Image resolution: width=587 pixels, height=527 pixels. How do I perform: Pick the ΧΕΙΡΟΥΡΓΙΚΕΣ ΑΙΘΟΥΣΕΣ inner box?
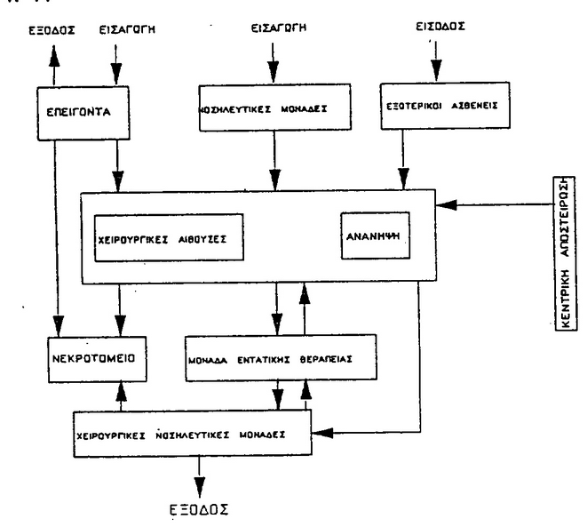coord(168,238)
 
